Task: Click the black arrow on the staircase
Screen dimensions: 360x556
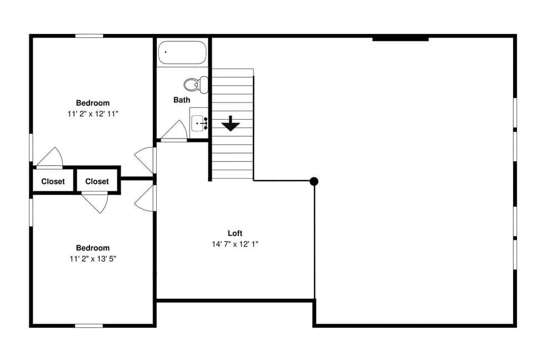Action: pyautogui.click(x=230, y=124)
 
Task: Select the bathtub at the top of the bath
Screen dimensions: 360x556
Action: pyautogui.click(x=182, y=54)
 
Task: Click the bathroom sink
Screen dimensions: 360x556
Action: pyautogui.click(x=199, y=123)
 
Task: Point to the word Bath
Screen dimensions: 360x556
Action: pyautogui.click(x=182, y=100)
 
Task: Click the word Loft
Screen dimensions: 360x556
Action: pyautogui.click(x=235, y=234)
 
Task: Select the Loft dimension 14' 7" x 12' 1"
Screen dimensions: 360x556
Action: pyautogui.click(x=235, y=244)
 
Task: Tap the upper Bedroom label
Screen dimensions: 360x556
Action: pyautogui.click(x=93, y=103)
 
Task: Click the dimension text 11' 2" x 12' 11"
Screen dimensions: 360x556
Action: pyautogui.click(x=93, y=113)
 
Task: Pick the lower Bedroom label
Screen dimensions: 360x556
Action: pyautogui.click(x=93, y=248)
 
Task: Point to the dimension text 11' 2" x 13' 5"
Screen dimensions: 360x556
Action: pyautogui.click(x=93, y=258)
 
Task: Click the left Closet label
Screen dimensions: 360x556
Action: pyautogui.click(x=53, y=181)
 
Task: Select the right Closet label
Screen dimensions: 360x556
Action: pyautogui.click(x=97, y=181)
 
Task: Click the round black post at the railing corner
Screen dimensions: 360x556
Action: pyautogui.click(x=314, y=181)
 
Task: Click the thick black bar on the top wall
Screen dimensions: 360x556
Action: pyautogui.click(x=400, y=38)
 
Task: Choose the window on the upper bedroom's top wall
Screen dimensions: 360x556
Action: pyautogui.click(x=89, y=36)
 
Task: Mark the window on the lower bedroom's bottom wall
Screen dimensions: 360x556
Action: pyautogui.click(x=89, y=325)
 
